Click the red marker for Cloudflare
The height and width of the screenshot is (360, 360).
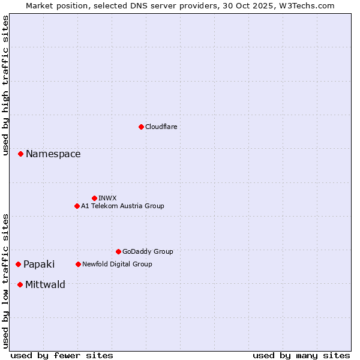pos(141,127)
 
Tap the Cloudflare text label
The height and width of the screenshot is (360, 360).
pos(161,127)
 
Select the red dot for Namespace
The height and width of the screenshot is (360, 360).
pos(20,154)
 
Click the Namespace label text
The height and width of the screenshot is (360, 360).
pos(53,154)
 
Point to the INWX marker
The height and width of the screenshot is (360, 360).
pos(94,198)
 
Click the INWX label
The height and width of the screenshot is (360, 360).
pos(107,198)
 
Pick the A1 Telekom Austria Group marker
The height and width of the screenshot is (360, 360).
pos(77,206)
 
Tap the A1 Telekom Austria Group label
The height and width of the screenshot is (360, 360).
pos(122,206)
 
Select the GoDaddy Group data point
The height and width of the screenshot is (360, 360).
pos(118,251)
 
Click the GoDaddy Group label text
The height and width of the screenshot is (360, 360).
pos(148,251)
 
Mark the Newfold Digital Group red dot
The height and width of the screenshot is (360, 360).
pos(78,264)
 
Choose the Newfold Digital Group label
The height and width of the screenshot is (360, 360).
pos(117,264)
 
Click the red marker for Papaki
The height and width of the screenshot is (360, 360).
pos(19,264)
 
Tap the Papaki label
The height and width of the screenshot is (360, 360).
pos(39,265)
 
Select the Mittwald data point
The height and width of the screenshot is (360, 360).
pos(20,284)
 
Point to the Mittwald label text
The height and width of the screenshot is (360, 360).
pos(45,284)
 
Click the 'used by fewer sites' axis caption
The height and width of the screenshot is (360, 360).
pos(62,355)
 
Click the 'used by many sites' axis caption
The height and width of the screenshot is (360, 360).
pos(301,355)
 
